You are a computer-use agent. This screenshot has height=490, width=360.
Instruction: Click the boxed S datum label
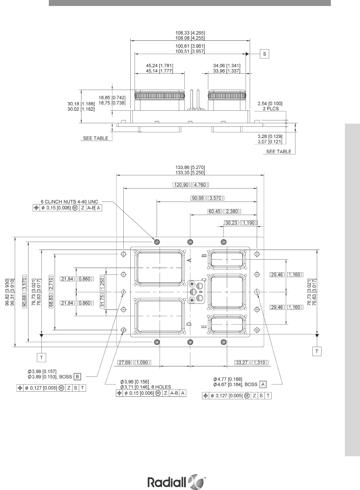coord(264,54)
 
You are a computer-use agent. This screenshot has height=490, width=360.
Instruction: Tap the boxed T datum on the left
coord(41,357)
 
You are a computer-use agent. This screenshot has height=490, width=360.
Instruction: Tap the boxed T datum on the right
coord(317,351)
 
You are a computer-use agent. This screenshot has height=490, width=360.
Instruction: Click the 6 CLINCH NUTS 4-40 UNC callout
coord(70,202)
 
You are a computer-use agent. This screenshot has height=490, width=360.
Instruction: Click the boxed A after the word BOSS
coord(262,384)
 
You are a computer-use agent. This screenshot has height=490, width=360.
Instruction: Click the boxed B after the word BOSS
coord(77,377)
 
